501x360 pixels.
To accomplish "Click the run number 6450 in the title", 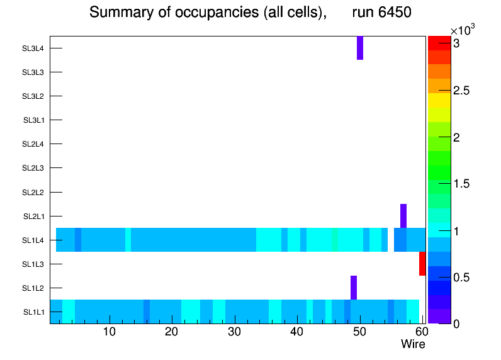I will click(x=381, y=12).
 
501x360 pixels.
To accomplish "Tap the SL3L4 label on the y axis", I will click(x=33, y=48).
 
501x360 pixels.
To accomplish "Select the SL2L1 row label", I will click(x=33, y=217).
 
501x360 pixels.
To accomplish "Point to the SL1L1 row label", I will click(x=33, y=312).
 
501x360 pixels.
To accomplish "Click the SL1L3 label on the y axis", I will click(x=33, y=264).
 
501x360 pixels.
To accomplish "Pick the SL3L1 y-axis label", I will click(x=33, y=120).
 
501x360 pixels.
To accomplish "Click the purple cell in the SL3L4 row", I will click(x=360, y=48).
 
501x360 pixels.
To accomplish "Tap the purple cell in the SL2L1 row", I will click(x=403, y=216).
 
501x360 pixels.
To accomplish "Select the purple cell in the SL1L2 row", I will click(x=354, y=288).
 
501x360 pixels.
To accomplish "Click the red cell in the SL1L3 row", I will click(x=422, y=264).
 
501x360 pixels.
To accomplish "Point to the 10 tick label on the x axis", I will click(x=110, y=332).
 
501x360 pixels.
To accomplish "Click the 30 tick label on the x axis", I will click(x=234, y=332).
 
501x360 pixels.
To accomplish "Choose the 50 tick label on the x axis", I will click(x=359, y=332).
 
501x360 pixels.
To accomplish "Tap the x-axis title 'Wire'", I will click(x=413, y=344).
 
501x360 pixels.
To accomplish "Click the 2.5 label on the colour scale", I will click(x=462, y=91).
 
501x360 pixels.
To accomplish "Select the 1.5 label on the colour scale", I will click(x=462, y=184).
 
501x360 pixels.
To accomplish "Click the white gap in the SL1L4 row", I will click(x=391, y=240).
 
